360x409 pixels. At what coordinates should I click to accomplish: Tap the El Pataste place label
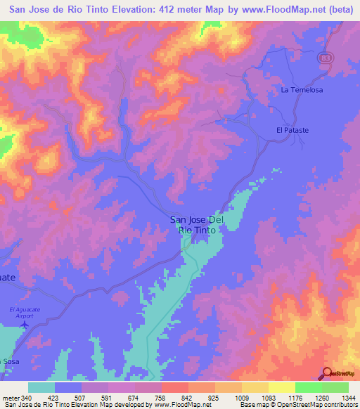pos(292,131)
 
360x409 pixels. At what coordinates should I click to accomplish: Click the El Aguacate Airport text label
pos(26,313)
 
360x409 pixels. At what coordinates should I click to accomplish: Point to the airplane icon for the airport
pos(27,325)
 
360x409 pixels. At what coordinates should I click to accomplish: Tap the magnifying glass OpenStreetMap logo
pos(328,373)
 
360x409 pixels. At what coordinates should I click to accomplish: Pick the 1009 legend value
pos(240,397)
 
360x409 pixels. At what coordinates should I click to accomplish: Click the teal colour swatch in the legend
pos(41,387)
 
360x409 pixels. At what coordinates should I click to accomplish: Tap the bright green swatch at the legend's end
pos(335,387)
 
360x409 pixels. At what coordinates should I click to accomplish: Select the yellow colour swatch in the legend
pos(281,387)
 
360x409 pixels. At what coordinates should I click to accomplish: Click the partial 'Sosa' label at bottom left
pos(10,361)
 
